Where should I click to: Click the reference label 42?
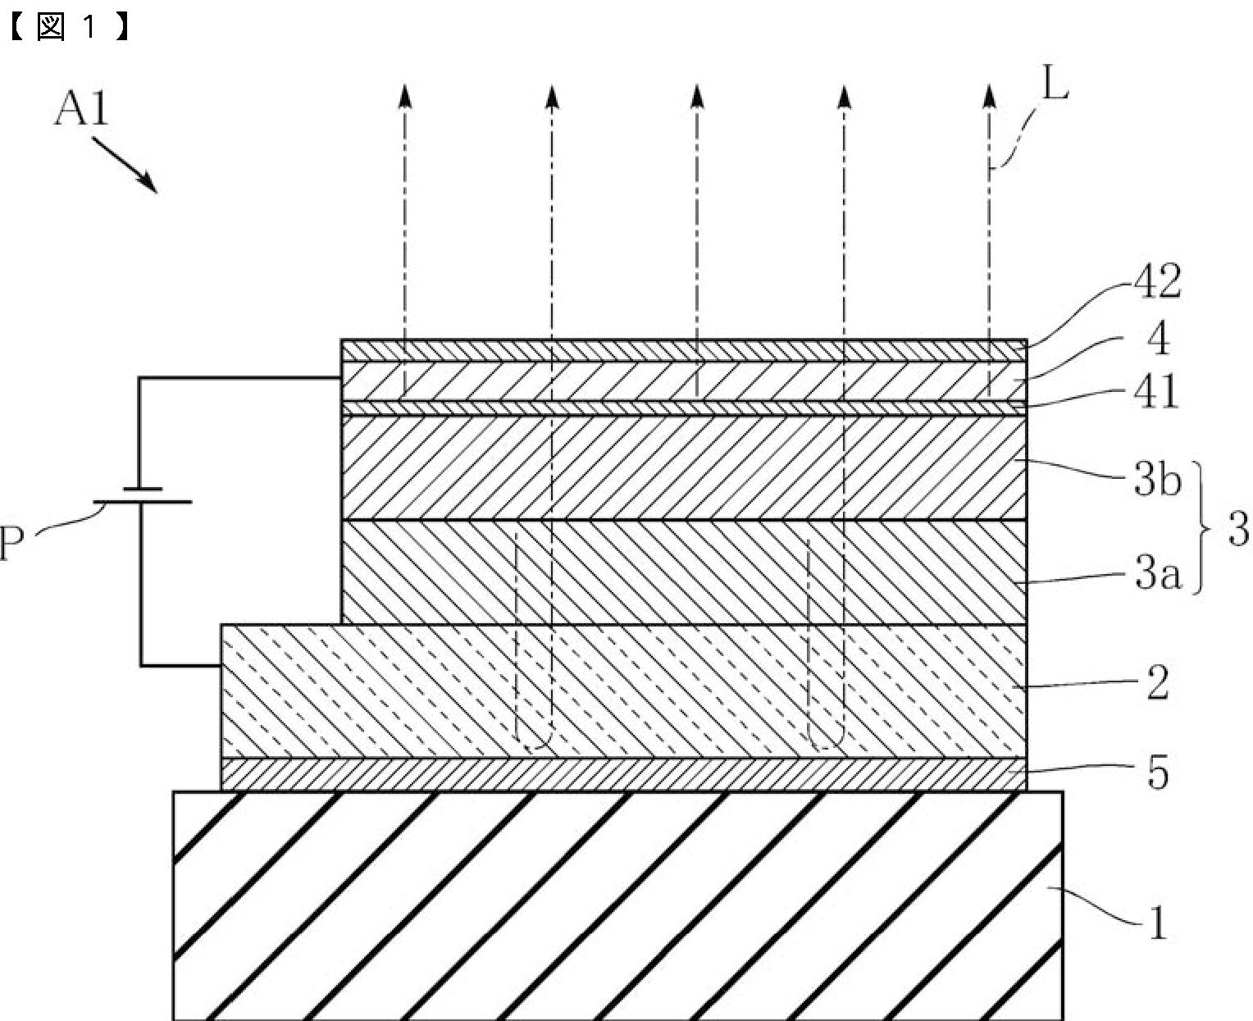pos(1157,281)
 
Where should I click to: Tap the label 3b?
pos(1157,481)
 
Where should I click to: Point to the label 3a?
pos(1157,575)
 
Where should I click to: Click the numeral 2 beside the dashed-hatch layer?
pos(1157,682)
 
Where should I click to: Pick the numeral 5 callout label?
pos(1157,773)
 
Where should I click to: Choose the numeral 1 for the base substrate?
pos(1157,924)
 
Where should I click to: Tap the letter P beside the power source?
pos(11,543)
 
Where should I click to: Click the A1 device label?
pos(81,109)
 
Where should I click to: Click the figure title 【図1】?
pos(69,28)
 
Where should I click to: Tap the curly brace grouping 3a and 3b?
pos(1204,527)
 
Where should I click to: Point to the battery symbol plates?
pos(141,495)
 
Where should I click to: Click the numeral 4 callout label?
pos(1158,338)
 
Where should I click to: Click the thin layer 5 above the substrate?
pos(623,773)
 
